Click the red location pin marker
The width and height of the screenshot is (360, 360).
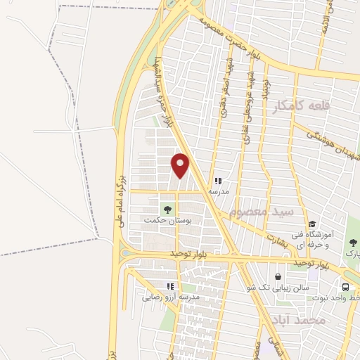(181, 165)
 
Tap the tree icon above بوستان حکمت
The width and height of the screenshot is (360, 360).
(167, 208)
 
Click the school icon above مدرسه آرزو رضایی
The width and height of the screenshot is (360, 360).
(169, 286)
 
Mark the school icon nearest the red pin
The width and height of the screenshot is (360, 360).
(217, 181)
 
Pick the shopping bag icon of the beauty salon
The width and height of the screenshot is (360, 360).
(279, 277)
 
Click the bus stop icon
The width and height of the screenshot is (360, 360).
(345, 287)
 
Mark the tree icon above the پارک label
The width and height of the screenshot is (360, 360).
(353, 243)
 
